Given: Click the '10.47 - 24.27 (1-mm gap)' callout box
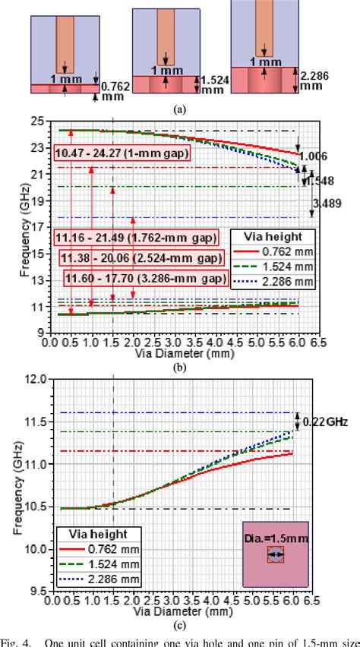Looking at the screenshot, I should (122, 153).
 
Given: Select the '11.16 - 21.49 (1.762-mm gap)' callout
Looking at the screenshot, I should (122, 237).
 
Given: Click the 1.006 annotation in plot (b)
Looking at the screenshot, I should (316, 156).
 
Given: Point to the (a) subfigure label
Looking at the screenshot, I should (179, 109).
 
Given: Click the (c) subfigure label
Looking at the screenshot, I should (179, 625).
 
